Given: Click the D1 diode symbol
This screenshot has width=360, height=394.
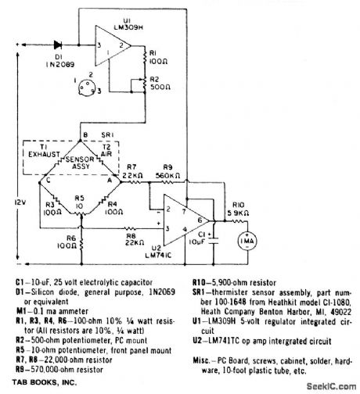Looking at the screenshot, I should click(x=57, y=44).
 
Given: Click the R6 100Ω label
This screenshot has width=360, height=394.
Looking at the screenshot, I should click(x=71, y=244).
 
